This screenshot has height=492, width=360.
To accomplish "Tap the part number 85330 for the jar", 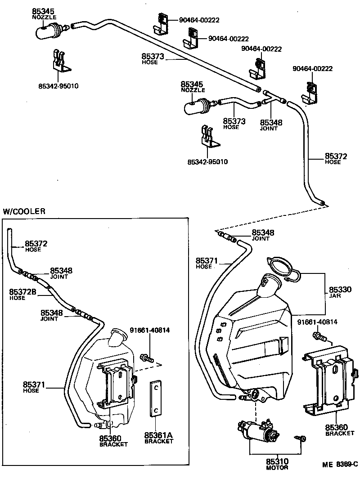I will [x=340, y=290].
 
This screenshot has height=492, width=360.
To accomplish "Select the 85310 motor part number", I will [x=277, y=461].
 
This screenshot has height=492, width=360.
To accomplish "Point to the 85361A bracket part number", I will [x=158, y=435].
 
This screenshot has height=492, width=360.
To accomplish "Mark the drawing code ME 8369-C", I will [x=339, y=464].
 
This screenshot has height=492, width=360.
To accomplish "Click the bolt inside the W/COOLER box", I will [x=148, y=358].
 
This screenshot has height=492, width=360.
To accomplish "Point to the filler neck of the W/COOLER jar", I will [x=117, y=337].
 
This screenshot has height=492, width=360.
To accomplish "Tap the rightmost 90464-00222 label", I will [x=312, y=68].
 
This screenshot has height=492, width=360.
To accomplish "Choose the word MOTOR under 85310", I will [x=277, y=468].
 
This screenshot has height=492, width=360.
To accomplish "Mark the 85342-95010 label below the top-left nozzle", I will [x=58, y=86].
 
